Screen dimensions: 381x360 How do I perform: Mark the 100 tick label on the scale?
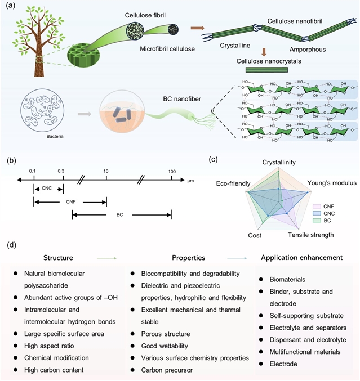[x=172, y=171]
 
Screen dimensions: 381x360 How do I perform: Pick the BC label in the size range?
[x=119, y=215]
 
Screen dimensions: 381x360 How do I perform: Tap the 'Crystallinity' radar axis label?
[x=279, y=162]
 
